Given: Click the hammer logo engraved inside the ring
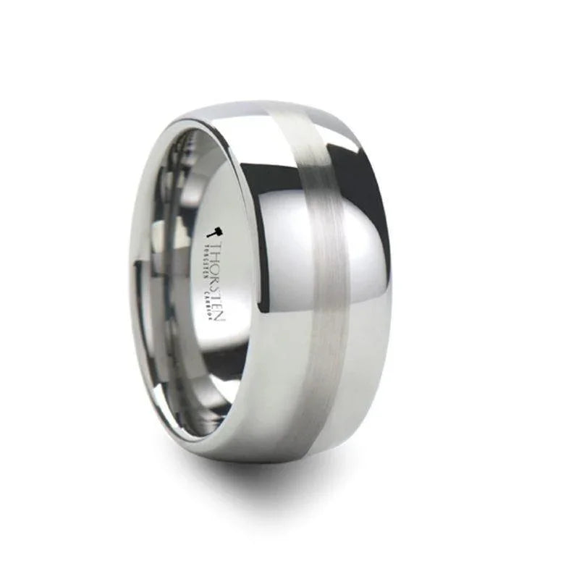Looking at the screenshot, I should [215, 232].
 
